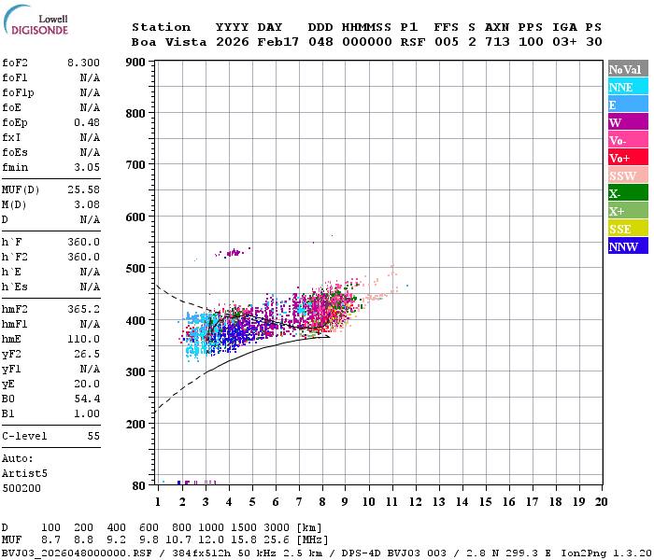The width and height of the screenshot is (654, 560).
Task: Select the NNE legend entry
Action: (621, 87)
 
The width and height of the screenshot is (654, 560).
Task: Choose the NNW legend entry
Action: (623, 246)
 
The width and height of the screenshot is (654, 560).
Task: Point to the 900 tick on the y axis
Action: (135, 63)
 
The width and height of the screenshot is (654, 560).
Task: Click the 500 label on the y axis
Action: (135, 268)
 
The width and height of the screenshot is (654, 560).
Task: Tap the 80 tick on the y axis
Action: (139, 485)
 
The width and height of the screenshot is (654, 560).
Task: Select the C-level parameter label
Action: (25, 436)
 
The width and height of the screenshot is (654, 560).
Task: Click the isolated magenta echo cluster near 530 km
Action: (230, 252)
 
